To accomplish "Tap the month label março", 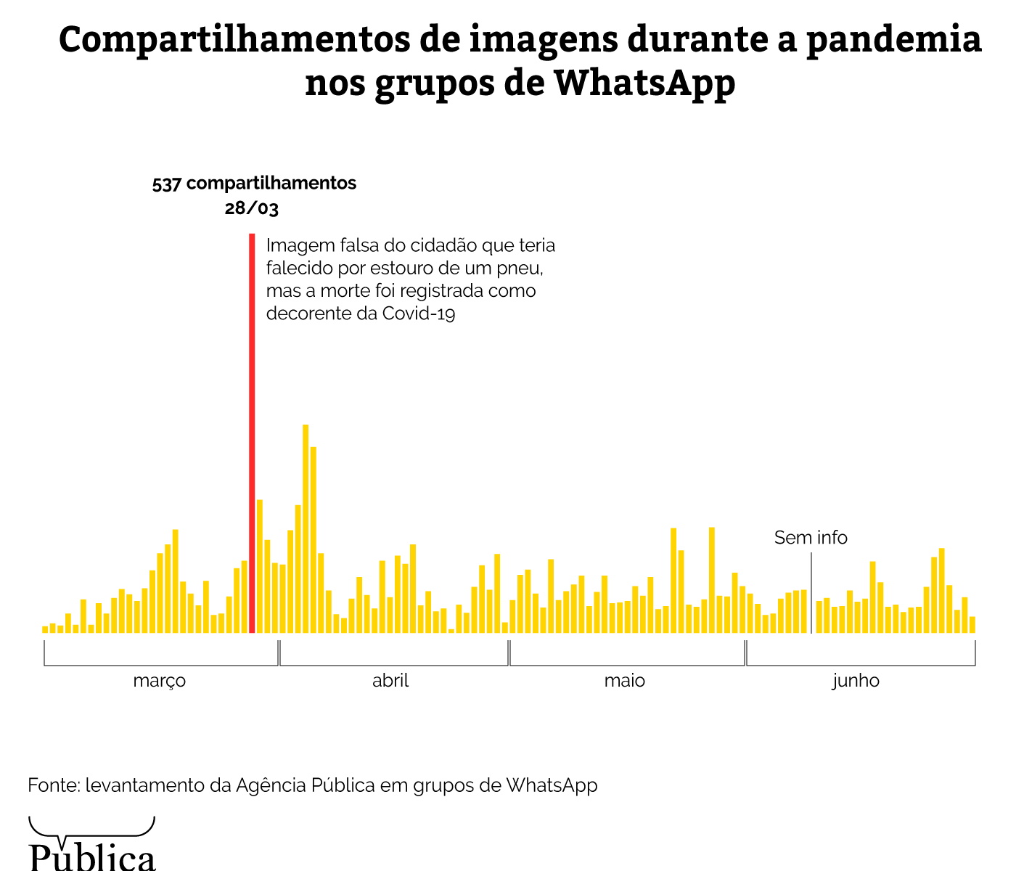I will coord(160,681).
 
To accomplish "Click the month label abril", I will coord(390,681).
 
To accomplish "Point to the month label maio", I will coord(624,681).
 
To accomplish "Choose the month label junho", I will coord(856,681).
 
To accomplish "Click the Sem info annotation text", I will coord(811,538).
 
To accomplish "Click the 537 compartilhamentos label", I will coord(254,183).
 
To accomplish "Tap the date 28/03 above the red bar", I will coord(251,209).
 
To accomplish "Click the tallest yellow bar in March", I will coord(175,581).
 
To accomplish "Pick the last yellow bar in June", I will coord(972,624).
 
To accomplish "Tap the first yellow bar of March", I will coord(45,629).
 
